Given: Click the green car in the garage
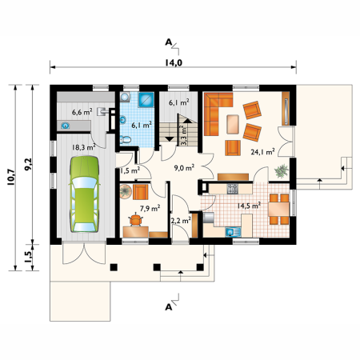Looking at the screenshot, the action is point(84,194).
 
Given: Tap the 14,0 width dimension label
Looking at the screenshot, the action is point(174,62).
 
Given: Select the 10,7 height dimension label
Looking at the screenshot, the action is point(12,178).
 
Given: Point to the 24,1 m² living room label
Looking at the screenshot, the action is point(262,151).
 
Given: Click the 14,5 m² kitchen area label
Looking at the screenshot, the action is point(249,206).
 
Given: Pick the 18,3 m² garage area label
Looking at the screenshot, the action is point(84,147).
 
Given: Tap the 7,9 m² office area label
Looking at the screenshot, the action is point(150,208).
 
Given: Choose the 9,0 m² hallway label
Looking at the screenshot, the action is point(184,168).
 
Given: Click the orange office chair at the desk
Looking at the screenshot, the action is point(135,220).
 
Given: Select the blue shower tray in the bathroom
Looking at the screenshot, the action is point(146,100).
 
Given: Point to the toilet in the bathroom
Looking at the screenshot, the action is point(126,139).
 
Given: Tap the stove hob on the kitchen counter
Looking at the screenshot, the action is point(232,189).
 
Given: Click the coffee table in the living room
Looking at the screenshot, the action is point(233,124).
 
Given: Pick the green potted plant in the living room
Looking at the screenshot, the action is point(282,171).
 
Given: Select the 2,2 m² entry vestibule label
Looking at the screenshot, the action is point(180,220).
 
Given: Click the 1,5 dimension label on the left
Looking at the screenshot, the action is point(28,257).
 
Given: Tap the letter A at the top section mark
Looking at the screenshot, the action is point(168,42).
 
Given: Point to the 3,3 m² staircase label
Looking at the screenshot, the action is point(184,135).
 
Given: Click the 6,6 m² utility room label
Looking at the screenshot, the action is point(82,112).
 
